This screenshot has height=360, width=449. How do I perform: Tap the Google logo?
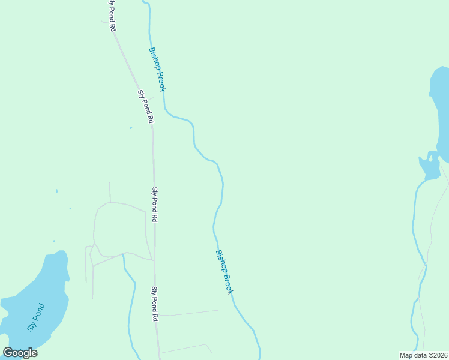[20, 353]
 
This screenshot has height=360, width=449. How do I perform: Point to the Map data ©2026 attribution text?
[424, 355]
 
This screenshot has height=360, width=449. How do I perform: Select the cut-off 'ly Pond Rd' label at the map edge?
[112, 16]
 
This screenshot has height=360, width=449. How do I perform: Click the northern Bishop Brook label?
[157, 69]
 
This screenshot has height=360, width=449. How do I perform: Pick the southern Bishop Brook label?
[223, 272]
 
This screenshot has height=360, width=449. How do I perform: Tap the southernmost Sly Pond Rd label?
[155, 304]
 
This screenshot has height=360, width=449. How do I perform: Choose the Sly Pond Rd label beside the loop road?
[155, 205]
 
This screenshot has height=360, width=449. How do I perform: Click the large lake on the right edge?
[441, 114]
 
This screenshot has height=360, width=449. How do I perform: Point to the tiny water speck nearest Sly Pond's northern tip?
[53, 242]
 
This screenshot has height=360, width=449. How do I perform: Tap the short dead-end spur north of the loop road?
[110, 192]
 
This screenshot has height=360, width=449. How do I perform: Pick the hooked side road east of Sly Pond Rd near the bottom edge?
[186, 348]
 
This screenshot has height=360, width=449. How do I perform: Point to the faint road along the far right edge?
[433, 222]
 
